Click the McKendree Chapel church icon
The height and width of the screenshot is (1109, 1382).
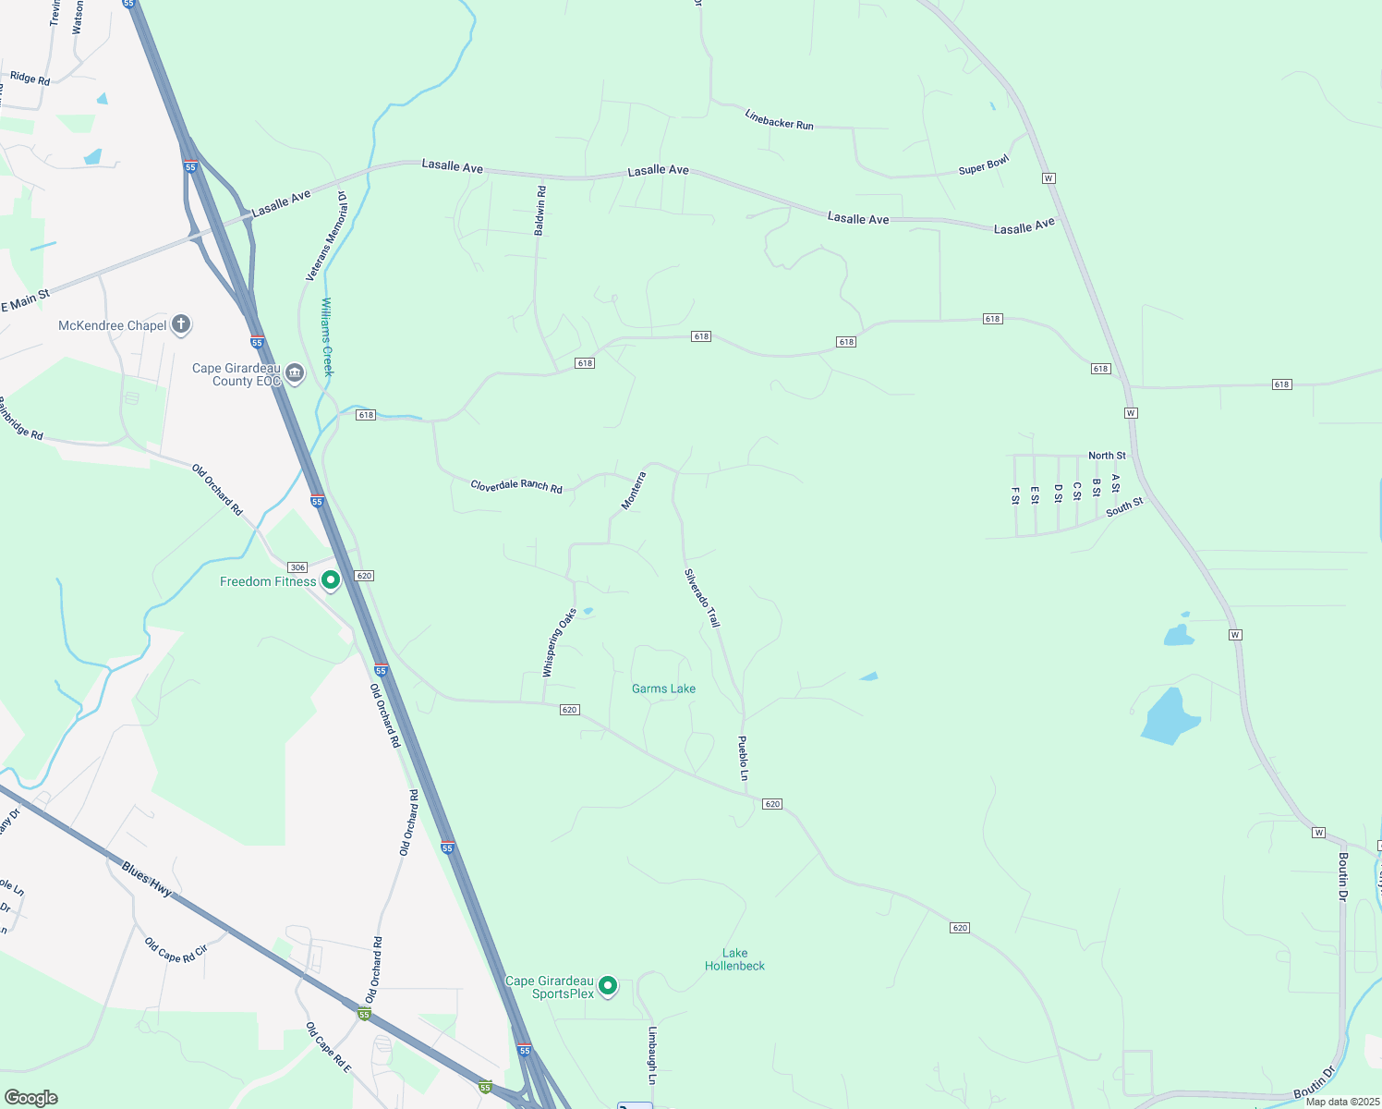(181, 324)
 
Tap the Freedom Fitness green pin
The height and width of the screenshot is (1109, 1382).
(331, 580)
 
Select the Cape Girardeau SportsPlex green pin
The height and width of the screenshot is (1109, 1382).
(608, 986)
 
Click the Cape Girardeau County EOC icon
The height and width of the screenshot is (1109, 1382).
(295, 373)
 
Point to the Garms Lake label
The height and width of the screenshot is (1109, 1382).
(663, 689)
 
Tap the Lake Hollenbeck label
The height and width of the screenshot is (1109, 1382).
(734, 959)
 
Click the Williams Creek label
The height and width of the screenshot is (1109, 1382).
(326, 336)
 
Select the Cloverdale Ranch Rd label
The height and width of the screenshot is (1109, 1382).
(516, 485)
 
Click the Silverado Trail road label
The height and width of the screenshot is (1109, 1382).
(702, 598)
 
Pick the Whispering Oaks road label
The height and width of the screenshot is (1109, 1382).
(559, 642)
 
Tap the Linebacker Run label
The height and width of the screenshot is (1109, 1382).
(779, 119)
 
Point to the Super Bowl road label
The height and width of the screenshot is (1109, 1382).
(984, 165)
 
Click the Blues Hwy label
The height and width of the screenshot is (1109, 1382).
(147, 879)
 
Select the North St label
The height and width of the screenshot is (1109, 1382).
(1107, 456)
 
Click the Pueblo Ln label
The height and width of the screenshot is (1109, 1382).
(743, 759)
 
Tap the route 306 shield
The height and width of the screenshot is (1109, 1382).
(297, 567)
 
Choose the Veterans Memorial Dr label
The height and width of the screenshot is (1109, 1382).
(326, 237)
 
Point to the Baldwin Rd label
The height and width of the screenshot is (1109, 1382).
(540, 211)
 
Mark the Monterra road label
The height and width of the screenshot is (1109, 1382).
(634, 491)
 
